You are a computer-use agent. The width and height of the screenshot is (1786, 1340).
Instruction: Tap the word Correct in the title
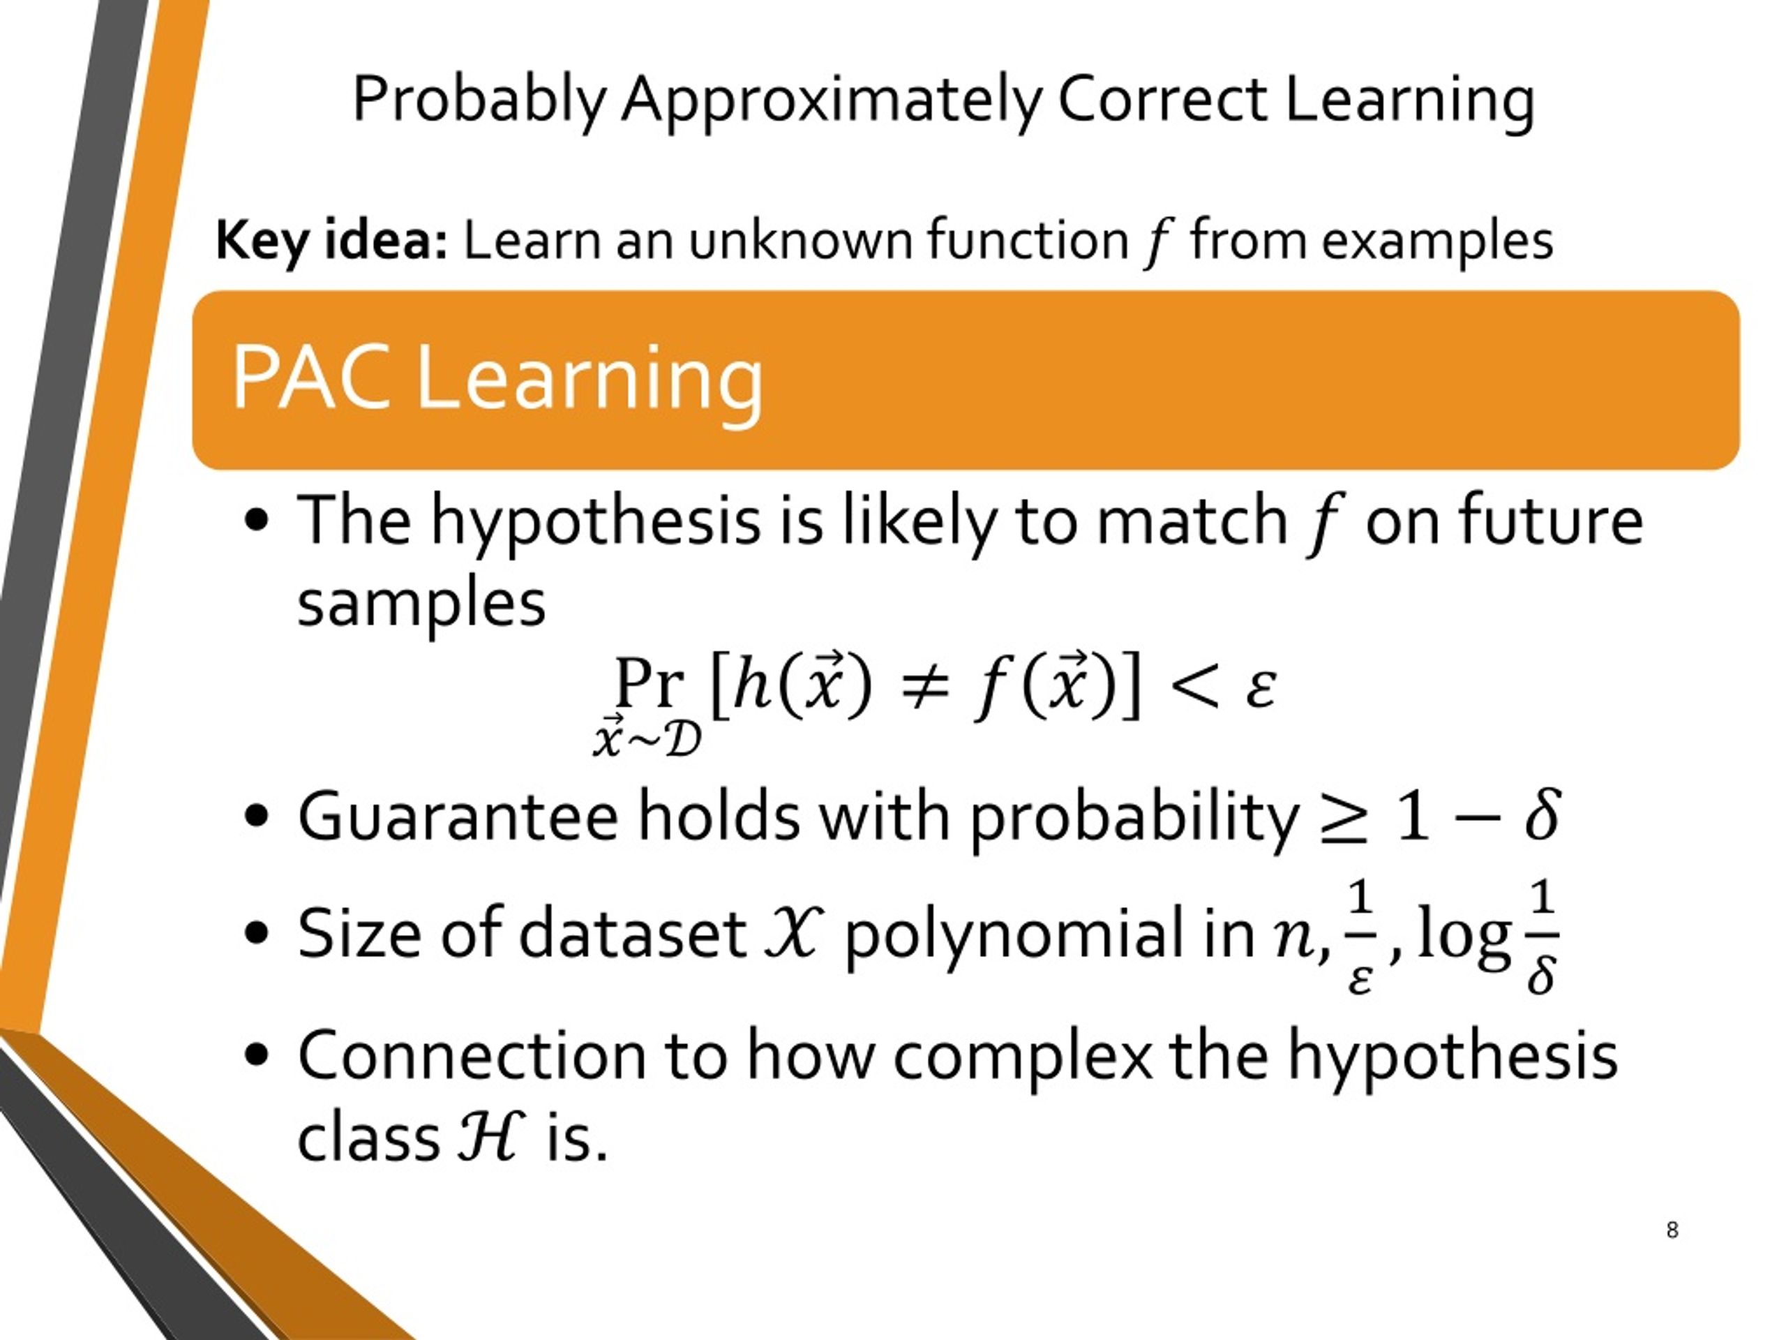(1162, 101)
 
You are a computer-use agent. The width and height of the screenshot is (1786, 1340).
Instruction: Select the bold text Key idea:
(331, 241)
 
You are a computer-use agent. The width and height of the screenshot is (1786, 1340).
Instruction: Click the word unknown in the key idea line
(800, 241)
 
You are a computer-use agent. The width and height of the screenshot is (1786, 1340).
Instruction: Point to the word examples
(1436, 241)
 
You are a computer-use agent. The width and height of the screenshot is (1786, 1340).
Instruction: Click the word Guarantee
(457, 817)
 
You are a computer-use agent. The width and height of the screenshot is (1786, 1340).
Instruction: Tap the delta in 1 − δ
(1541, 816)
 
